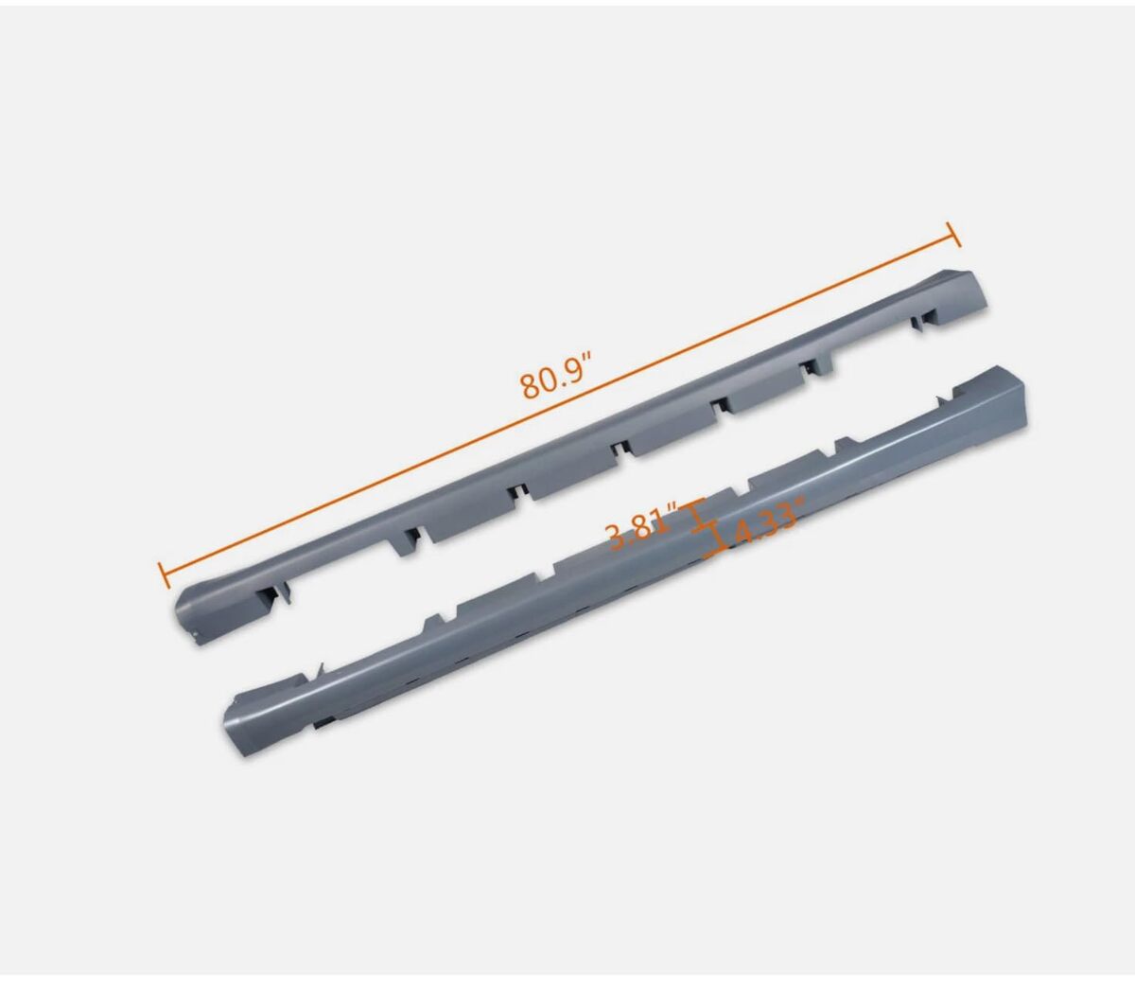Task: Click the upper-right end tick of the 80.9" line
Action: tap(953, 234)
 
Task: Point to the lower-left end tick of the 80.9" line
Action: tap(163, 575)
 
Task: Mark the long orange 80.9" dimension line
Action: tap(558, 405)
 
